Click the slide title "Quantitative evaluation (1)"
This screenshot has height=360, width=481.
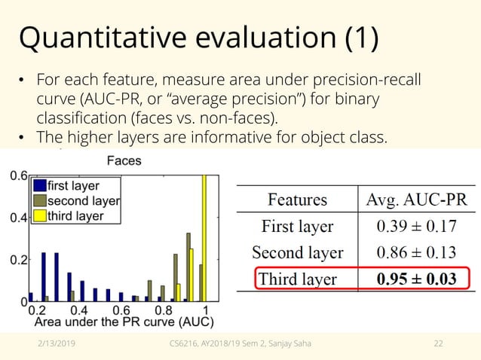198,39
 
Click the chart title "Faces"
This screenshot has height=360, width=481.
124,160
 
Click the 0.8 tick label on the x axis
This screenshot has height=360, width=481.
163,310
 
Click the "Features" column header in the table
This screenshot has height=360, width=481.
297,200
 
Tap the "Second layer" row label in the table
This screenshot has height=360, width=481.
297,252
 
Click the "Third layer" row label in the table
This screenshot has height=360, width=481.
297,279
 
